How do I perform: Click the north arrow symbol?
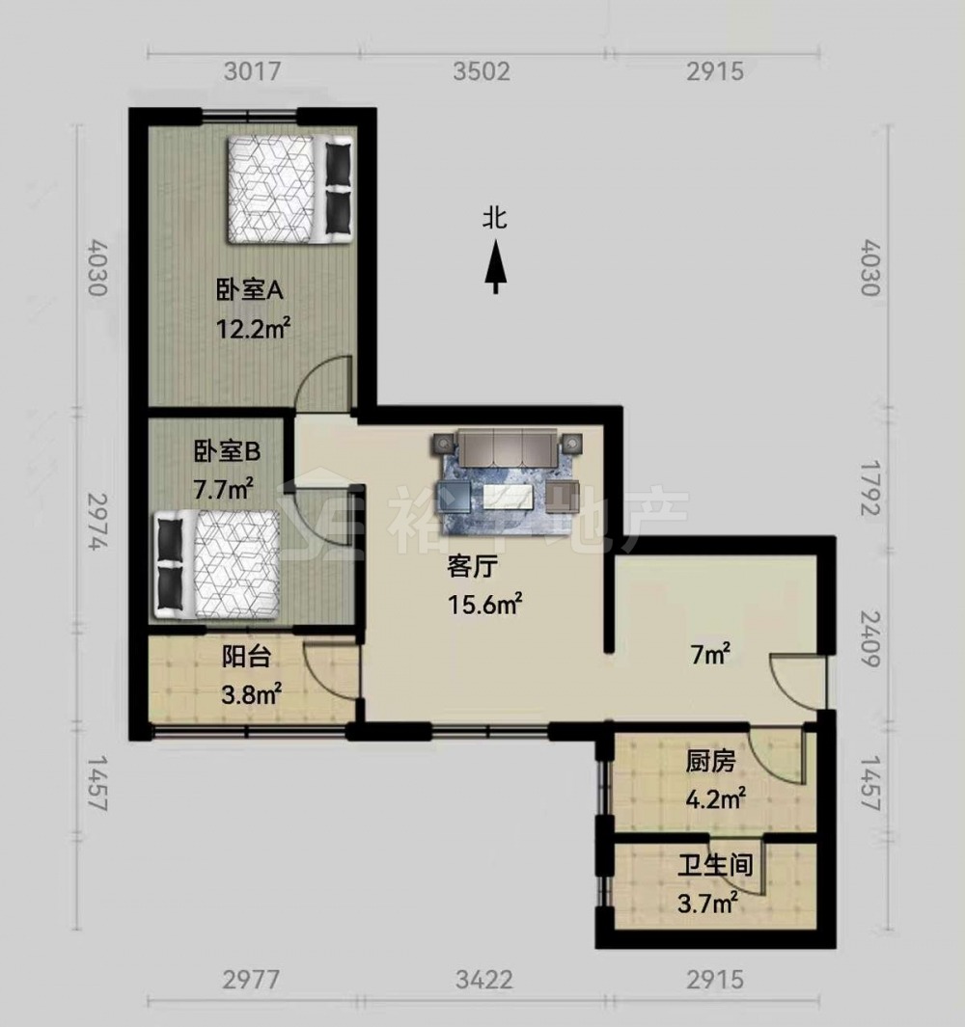point(496,266)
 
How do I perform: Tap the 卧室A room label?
point(250,289)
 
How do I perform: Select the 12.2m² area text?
point(253,328)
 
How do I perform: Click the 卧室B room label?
point(227,451)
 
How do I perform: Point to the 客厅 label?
point(472,566)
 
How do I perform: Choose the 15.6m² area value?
point(484,604)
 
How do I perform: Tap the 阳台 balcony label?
point(246,656)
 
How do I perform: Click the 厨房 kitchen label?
point(710,762)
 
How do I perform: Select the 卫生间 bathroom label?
point(715,866)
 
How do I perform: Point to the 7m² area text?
point(710,655)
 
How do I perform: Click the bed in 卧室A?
point(290,189)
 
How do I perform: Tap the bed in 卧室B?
point(218,564)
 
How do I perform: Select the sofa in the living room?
point(507,445)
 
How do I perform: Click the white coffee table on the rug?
point(508,497)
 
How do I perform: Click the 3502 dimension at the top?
point(482,70)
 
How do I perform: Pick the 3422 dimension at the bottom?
point(483,980)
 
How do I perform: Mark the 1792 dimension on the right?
point(871,488)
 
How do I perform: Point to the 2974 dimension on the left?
point(97,522)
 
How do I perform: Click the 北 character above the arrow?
point(496,218)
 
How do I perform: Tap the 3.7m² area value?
point(708,905)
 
